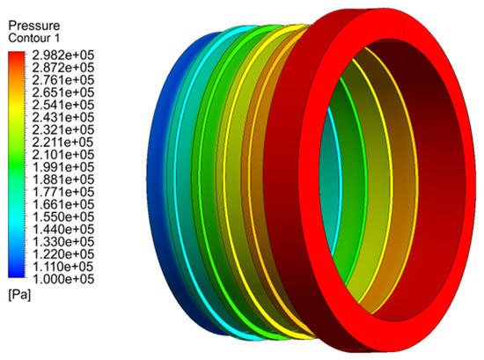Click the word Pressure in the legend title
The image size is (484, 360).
pyautogui.click(x=34, y=26)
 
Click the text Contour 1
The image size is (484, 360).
pyautogui.click(x=34, y=38)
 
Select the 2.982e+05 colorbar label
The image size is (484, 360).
pyautogui.click(x=63, y=55)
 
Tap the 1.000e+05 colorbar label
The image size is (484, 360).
pyautogui.click(x=63, y=279)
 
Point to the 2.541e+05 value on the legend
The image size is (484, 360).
pyautogui.click(x=63, y=105)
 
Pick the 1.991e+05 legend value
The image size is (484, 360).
pyautogui.click(x=63, y=167)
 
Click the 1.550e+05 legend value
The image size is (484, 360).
pyautogui.click(x=63, y=217)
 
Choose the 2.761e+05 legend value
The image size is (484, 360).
pyautogui.click(x=63, y=80)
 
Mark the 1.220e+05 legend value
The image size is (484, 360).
pyautogui.click(x=63, y=254)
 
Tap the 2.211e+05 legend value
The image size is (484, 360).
pyautogui.click(x=63, y=143)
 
